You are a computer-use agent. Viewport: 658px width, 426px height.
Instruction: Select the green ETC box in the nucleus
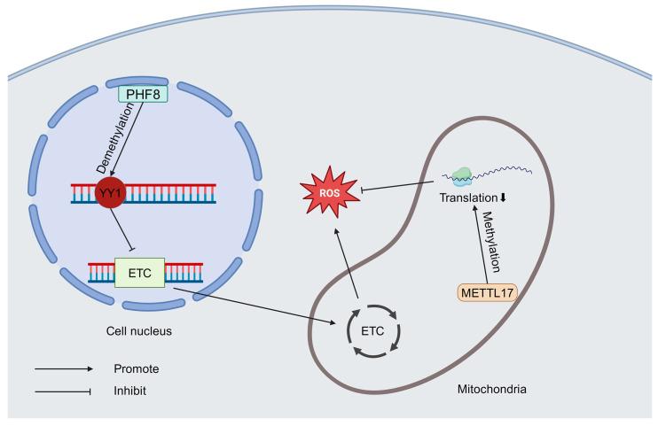139,273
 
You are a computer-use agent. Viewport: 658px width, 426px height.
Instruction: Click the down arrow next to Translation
504,199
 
